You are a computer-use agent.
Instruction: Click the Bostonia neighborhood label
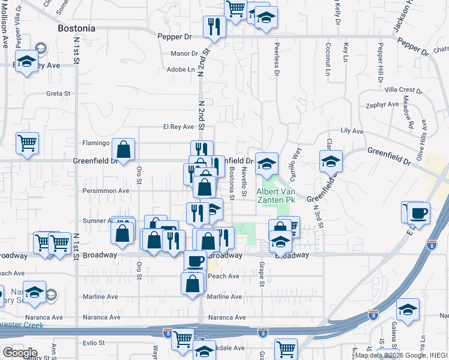coord(76,28)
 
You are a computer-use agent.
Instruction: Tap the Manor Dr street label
coord(184,53)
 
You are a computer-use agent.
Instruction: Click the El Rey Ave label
coord(178,127)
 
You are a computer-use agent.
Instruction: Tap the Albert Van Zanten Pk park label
coord(275,196)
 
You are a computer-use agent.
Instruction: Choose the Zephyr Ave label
coord(382,104)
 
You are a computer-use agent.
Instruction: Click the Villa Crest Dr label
coord(403,89)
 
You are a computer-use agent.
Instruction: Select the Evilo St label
coord(94,343)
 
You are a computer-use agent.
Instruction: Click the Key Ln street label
coord(346,52)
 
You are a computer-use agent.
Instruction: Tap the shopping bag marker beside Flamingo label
coord(123,149)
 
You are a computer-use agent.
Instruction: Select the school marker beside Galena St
coord(408,309)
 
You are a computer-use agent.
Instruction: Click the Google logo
coord(20,352)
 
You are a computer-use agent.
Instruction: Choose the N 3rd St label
coord(318,217)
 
